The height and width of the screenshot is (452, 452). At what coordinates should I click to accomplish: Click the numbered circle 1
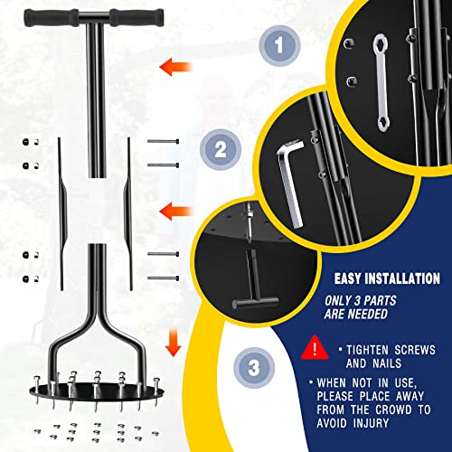click(x=279, y=45)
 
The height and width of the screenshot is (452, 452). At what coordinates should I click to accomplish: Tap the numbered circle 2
click(x=221, y=149)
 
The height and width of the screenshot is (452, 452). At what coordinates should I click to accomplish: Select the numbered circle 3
click(x=254, y=368)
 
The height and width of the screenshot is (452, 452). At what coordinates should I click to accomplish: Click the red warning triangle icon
click(x=315, y=348)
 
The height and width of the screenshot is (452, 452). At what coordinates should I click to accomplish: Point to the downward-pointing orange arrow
click(x=174, y=343)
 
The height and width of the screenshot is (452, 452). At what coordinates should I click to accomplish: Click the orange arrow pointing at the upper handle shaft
click(x=175, y=67)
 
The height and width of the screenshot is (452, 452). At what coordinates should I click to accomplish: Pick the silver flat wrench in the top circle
click(x=381, y=83)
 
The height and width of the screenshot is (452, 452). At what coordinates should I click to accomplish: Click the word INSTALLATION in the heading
click(x=402, y=278)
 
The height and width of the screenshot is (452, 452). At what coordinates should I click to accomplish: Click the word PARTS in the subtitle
click(x=380, y=301)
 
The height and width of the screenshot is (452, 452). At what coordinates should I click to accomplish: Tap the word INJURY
click(x=371, y=423)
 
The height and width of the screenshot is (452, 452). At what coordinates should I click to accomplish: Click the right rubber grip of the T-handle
click(x=137, y=18)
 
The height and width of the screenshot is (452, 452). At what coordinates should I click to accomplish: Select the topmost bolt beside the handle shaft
click(x=163, y=141)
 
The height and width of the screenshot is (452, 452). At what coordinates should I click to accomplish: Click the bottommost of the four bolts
click(x=163, y=278)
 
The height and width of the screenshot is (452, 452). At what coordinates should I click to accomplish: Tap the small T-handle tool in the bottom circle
click(x=255, y=282)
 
